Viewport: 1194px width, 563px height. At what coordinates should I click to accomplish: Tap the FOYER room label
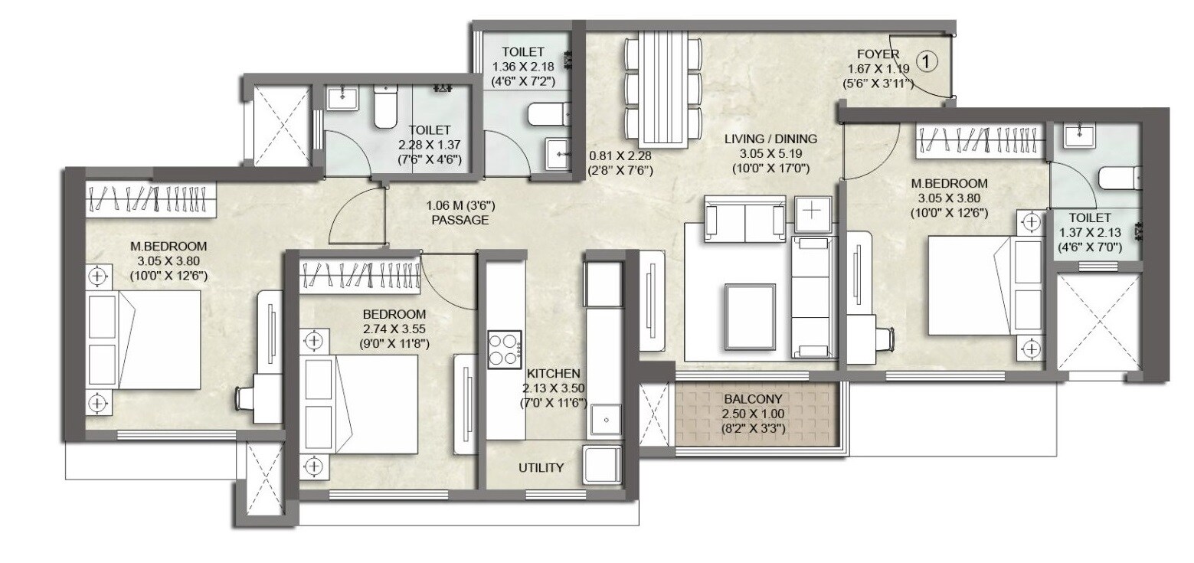pyautogui.click(x=878, y=54)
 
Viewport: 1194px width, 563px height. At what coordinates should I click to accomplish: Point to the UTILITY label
pyautogui.click(x=541, y=467)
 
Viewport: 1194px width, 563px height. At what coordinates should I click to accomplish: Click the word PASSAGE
pyautogui.click(x=459, y=220)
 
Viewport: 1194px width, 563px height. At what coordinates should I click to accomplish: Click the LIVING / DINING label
pyautogui.click(x=771, y=139)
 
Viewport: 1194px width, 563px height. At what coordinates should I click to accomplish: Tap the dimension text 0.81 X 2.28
pyautogui.click(x=620, y=154)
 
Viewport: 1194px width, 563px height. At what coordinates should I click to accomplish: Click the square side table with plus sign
pyautogui.click(x=811, y=212)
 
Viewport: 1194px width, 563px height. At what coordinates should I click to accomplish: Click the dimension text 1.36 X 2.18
pyautogui.click(x=524, y=67)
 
